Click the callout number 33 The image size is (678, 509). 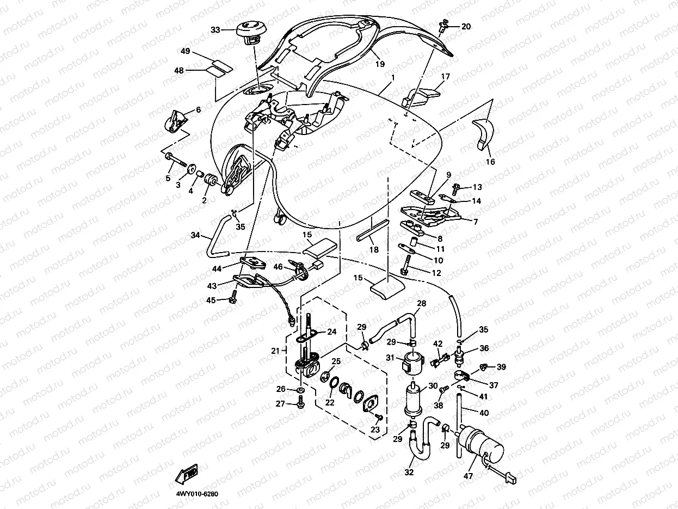[x=215, y=30]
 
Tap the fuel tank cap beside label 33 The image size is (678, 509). [x=250, y=30]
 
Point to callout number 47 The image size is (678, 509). [x=469, y=475]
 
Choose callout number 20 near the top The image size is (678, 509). [x=466, y=27]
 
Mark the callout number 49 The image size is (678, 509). [x=186, y=52]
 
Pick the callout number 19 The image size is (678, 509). [x=380, y=64]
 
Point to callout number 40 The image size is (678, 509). [x=484, y=413]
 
